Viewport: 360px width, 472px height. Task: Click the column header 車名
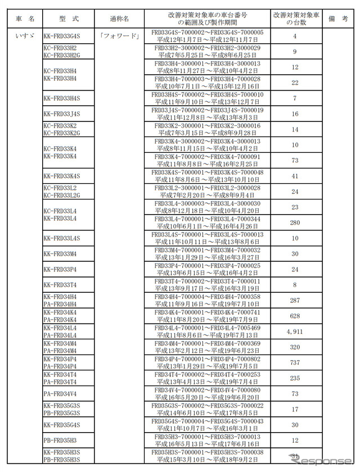[24, 19]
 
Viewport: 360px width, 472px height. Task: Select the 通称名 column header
[119, 19]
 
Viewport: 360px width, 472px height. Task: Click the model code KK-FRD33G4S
[62, 35]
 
